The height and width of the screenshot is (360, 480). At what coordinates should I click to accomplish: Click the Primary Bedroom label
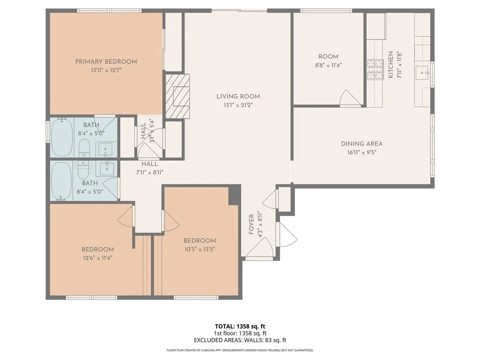[106, 61]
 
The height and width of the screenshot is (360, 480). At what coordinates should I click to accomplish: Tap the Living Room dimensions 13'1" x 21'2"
[238, 105]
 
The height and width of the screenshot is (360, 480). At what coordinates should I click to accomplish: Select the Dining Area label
[362, 143]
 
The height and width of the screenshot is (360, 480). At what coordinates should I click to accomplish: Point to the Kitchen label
[390, 65]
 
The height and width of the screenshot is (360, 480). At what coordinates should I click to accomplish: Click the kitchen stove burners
[375, 70]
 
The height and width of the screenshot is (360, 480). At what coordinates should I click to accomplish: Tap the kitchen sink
[423, 73]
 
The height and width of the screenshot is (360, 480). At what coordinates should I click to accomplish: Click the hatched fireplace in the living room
[178, 96]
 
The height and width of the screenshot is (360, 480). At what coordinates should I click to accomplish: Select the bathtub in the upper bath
[62, 137]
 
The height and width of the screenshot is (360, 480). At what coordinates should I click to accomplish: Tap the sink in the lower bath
[107, 168]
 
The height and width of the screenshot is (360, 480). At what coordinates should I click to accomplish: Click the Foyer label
[251, 225]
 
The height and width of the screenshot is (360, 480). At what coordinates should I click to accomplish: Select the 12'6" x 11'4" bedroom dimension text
[97, 258]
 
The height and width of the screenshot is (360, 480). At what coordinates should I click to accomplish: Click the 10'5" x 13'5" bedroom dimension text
[200, 249]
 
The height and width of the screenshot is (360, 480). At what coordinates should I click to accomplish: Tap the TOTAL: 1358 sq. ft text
[240, 326]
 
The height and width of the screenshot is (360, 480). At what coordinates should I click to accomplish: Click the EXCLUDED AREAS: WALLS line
[240, 340]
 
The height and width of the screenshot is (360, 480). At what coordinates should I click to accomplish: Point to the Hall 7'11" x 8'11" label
[150, 168]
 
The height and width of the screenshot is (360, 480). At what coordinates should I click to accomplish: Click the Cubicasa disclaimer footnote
[240, 350]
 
